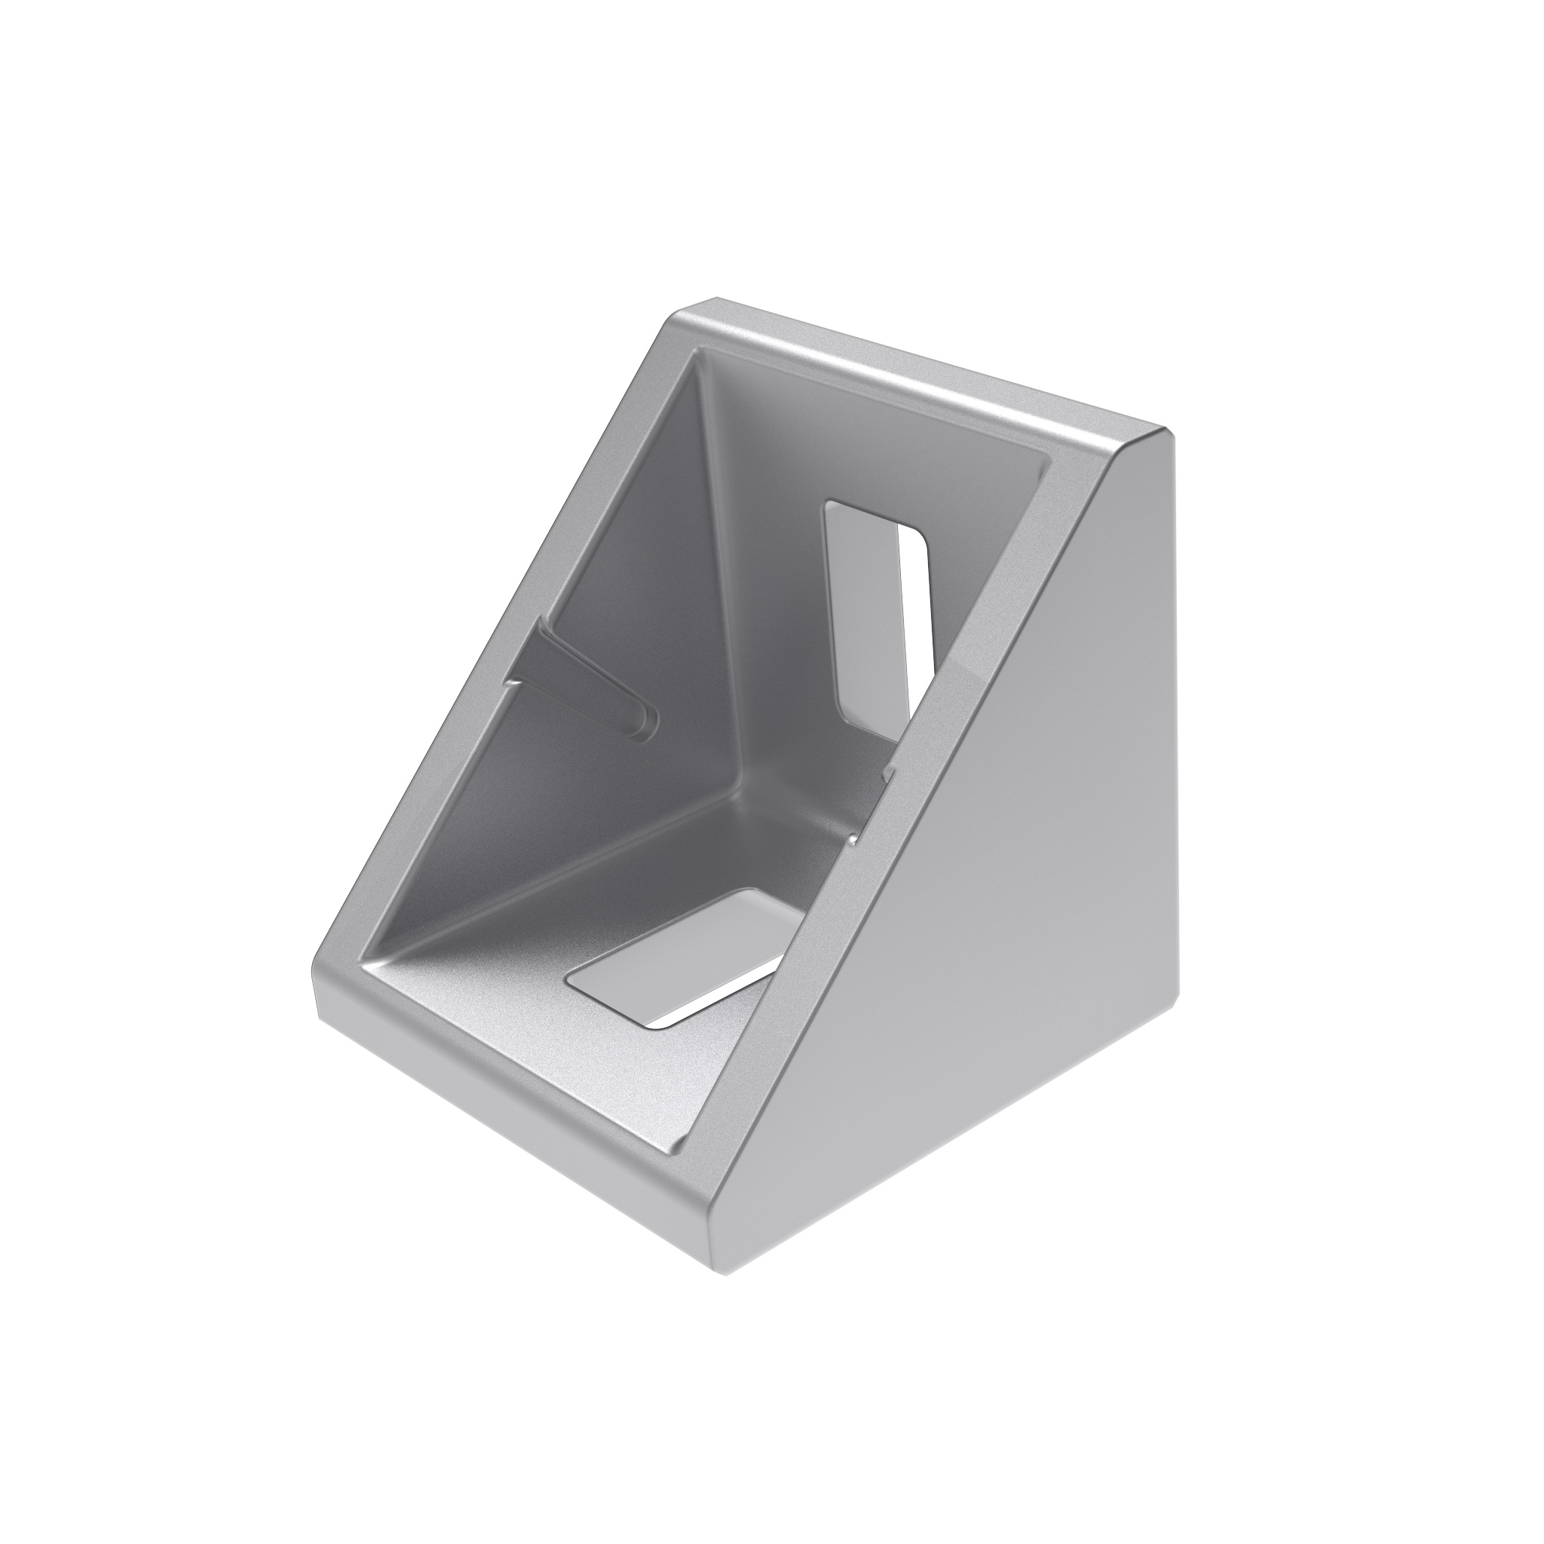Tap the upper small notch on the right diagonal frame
(888, 772)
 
